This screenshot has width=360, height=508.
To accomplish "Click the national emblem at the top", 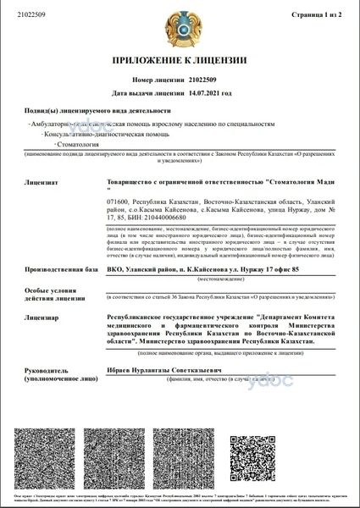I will coord(179,27).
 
